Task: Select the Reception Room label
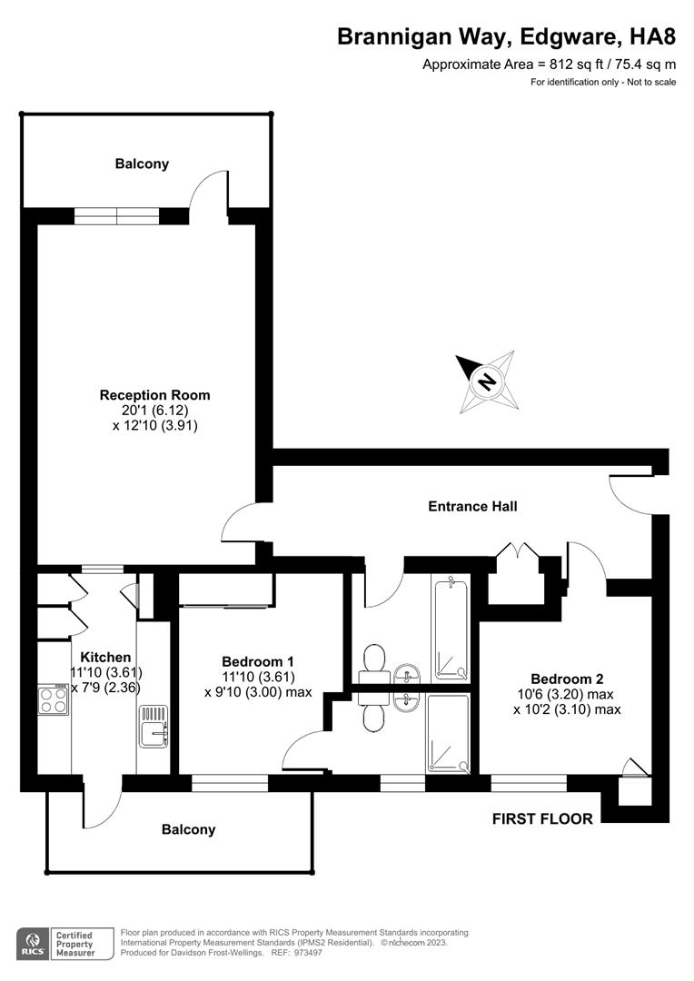click(154, 395)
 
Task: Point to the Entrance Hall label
click(472, 506)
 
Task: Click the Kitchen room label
click(105, 657)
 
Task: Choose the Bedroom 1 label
click(258, 661)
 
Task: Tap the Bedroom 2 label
click(567, 679)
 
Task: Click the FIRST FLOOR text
click(542, 818)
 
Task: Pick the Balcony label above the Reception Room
click(142, 163)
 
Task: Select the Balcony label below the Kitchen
click(189, 829)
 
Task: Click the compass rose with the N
click(487, 380)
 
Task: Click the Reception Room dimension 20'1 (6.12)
click(154, 410)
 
